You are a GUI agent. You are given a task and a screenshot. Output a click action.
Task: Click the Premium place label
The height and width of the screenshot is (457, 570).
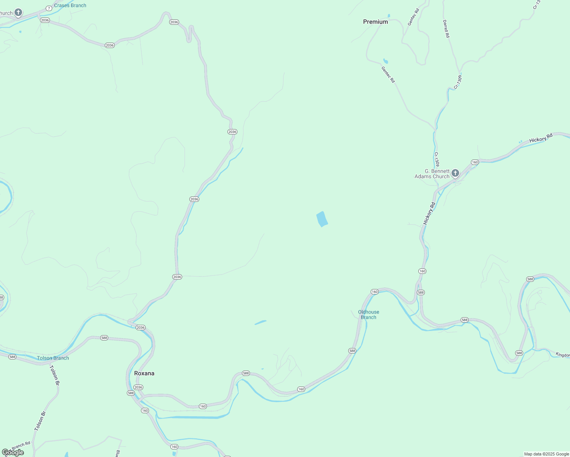pos(375,22)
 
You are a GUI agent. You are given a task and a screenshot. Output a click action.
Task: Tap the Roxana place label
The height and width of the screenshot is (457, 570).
pos(144,373)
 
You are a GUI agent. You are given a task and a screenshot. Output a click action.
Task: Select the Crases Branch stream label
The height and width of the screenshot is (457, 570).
pos(70,5)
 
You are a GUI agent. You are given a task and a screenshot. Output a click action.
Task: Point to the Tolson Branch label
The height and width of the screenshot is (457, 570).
pos(53,358)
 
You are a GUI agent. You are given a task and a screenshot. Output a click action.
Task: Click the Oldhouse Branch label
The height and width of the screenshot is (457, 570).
pos(368,315)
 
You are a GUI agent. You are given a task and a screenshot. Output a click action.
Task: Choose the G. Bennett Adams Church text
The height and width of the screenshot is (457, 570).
pos(432,174)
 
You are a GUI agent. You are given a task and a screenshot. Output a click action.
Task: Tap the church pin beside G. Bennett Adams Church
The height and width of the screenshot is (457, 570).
pos(455,174)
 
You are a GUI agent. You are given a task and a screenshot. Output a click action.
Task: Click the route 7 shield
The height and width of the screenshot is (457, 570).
pos(49,8)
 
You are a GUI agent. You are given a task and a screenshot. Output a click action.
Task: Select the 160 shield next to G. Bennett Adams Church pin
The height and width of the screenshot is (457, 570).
pos(474,162)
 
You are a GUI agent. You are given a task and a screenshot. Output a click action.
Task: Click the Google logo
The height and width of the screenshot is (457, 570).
pos(13,452)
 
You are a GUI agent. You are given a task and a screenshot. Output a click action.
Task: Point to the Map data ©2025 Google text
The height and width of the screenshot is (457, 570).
pos(546,454)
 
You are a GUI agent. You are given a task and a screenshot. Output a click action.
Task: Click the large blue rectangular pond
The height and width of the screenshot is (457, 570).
pos(322,219)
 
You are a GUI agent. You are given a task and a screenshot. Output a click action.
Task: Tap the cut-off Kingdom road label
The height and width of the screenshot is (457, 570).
pos(562,355)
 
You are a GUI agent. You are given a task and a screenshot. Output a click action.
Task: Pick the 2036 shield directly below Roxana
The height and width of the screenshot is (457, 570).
pos(138,387)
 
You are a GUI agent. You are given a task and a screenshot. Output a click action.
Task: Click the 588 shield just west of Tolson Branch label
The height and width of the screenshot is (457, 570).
pos(12,357)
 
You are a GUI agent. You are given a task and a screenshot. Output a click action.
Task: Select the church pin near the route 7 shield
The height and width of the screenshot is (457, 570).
pos(18,13)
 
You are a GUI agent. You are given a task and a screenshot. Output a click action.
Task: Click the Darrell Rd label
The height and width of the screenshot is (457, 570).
pos(446,29)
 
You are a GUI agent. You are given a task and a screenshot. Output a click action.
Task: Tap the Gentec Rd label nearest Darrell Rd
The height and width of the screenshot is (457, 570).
pos(413,17)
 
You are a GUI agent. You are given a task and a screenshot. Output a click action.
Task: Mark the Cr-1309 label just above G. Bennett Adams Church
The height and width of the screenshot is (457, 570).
pos(437,159)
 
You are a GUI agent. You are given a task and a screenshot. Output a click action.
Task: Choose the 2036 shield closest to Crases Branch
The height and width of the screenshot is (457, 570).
pos(45,20)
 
